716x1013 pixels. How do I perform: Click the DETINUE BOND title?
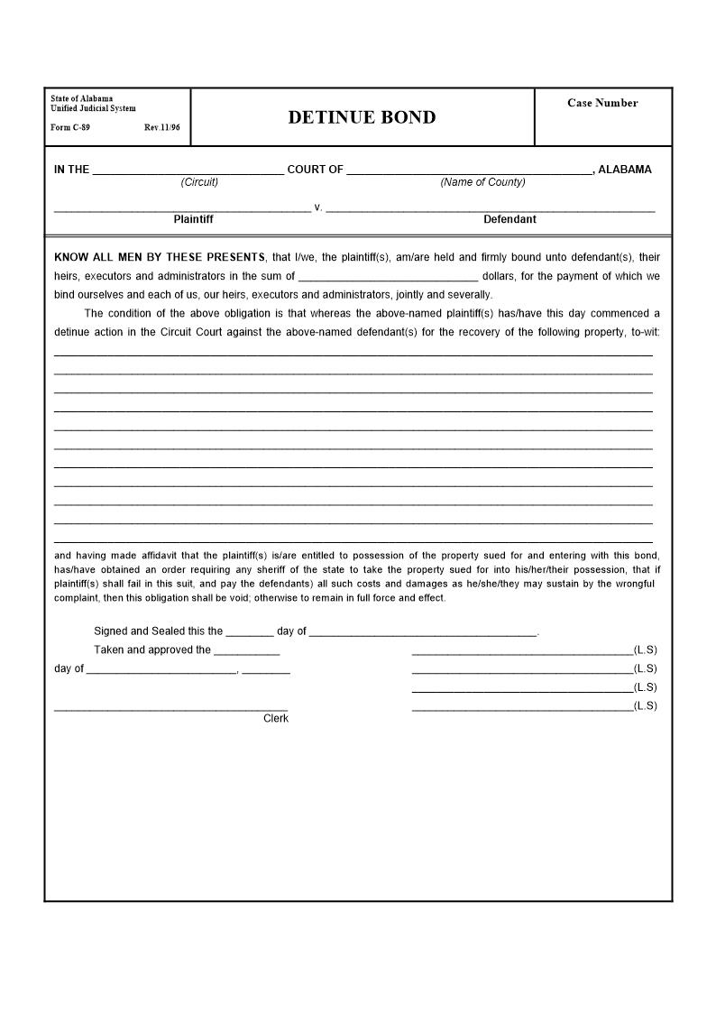click(362, 117)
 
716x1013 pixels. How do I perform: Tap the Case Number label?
click(602, 103)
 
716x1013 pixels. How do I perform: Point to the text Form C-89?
click(70, 127)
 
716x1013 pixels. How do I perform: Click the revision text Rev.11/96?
click(162, 127)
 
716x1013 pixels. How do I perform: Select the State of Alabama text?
click(82, 98)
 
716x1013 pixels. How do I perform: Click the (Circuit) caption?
click(199, 182)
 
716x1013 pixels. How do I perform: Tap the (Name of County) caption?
click(482, 182)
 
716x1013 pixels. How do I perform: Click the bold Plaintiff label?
click(193, 219)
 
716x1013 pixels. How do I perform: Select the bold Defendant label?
click(509, 219)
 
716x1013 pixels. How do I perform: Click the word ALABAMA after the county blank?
click(625, 170)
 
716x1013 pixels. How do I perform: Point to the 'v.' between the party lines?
click(318, 207)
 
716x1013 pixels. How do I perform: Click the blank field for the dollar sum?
click(388, 277)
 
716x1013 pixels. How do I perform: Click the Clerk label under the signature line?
click(276, 719)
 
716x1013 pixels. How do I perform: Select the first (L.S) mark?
click(646, 649)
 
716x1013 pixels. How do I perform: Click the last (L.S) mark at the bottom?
click(646, 705)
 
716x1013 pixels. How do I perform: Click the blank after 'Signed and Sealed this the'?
click(250, 631)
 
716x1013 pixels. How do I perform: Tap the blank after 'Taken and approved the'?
click(246, 650)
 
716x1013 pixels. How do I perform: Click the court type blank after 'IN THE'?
click(188, 170)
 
